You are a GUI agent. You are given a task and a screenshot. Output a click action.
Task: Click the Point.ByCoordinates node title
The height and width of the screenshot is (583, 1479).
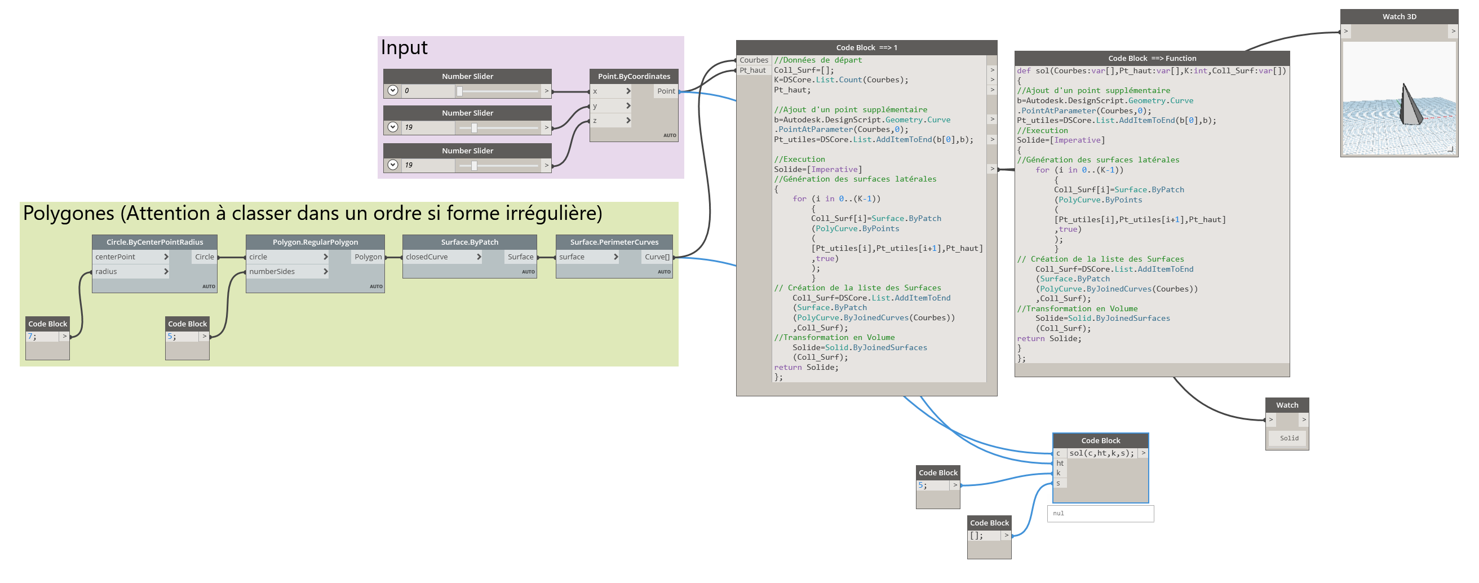coord(634,76)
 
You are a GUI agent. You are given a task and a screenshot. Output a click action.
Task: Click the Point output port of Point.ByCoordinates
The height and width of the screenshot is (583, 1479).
coord(666,91)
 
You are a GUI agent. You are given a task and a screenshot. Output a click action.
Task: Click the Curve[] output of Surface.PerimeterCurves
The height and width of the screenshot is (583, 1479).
coord(657,257)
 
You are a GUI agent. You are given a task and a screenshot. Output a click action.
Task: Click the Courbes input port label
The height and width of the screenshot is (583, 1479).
coord(753,60)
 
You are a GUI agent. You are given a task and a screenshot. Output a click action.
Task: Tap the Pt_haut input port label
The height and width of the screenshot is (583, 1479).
coord(752,70)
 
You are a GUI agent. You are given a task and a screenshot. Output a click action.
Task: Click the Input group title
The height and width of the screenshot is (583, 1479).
coord(404,48)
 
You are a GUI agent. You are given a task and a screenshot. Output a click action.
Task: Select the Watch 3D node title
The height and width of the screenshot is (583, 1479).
coord(1398,17)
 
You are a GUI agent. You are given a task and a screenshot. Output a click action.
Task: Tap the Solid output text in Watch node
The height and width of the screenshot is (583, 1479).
coord(1288,438)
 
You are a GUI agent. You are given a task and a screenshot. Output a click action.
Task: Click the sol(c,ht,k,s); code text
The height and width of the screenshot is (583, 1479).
coord(1101,453)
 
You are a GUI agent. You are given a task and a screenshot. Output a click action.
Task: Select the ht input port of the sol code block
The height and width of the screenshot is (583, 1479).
coord(1060,463)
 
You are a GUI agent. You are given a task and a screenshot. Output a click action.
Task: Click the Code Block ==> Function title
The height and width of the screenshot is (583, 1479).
coord(1152,58)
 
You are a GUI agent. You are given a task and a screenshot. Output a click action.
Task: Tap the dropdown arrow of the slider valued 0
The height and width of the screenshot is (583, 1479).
coord(393,91)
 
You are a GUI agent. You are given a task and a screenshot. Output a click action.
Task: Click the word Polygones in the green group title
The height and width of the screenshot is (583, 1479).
coord(69,214)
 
